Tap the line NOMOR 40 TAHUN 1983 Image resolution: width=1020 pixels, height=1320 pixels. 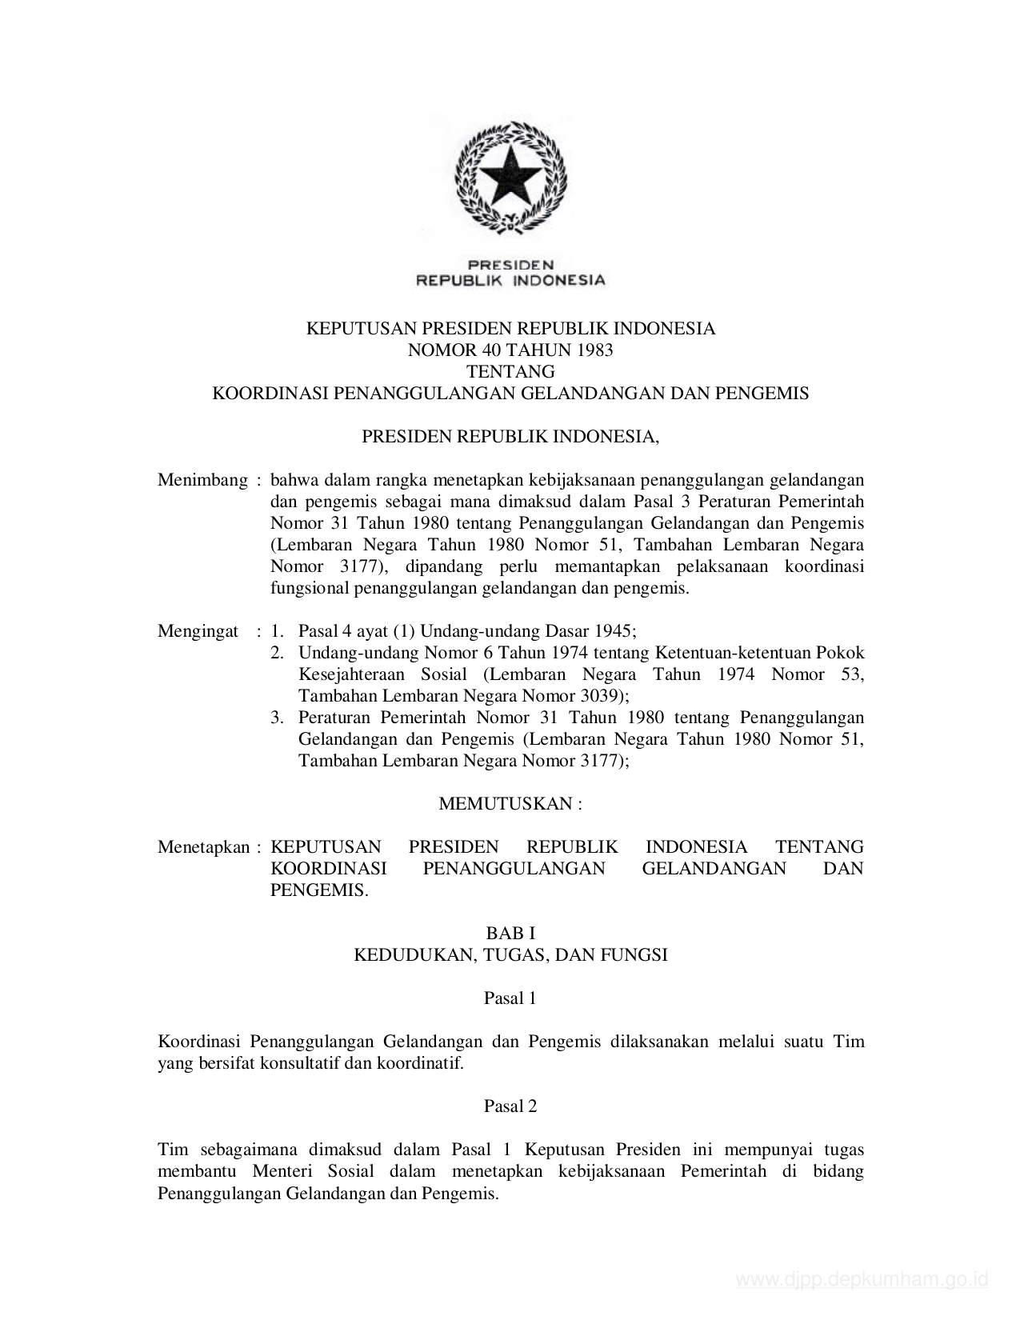point(510,350)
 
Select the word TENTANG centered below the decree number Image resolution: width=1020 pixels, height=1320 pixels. point(510,371)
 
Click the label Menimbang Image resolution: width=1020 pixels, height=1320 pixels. point(202,480)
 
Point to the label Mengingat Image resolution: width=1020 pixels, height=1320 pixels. point(198,631)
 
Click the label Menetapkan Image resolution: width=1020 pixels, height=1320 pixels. point(204,847)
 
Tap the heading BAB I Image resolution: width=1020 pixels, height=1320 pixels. point(510,933)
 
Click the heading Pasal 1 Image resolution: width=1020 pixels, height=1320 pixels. point(510,998)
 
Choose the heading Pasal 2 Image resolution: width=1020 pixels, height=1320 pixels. point(510,1106)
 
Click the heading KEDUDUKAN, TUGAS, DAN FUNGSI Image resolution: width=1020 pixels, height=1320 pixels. point(510,954)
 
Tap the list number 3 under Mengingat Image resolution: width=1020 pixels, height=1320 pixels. point(276,718)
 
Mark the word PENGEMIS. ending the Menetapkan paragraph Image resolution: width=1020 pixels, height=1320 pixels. point(319,890)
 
